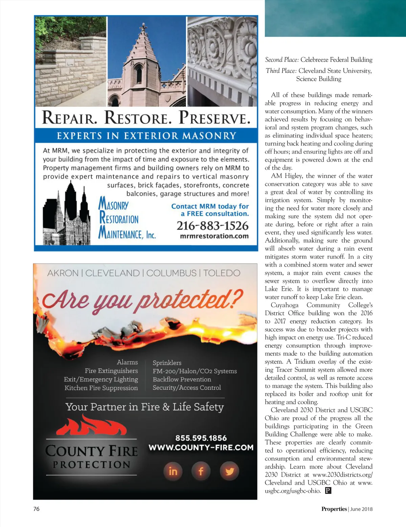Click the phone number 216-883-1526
212,226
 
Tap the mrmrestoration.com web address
214,236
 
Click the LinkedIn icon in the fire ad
173,471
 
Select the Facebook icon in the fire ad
201,471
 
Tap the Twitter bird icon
229,471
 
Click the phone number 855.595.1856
201,438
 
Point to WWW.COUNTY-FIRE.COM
201,448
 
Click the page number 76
37,509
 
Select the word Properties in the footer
334,509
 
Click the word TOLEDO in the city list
222,273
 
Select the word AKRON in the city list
63,273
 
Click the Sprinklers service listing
167,363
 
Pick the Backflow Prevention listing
182,379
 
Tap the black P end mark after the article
328,490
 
